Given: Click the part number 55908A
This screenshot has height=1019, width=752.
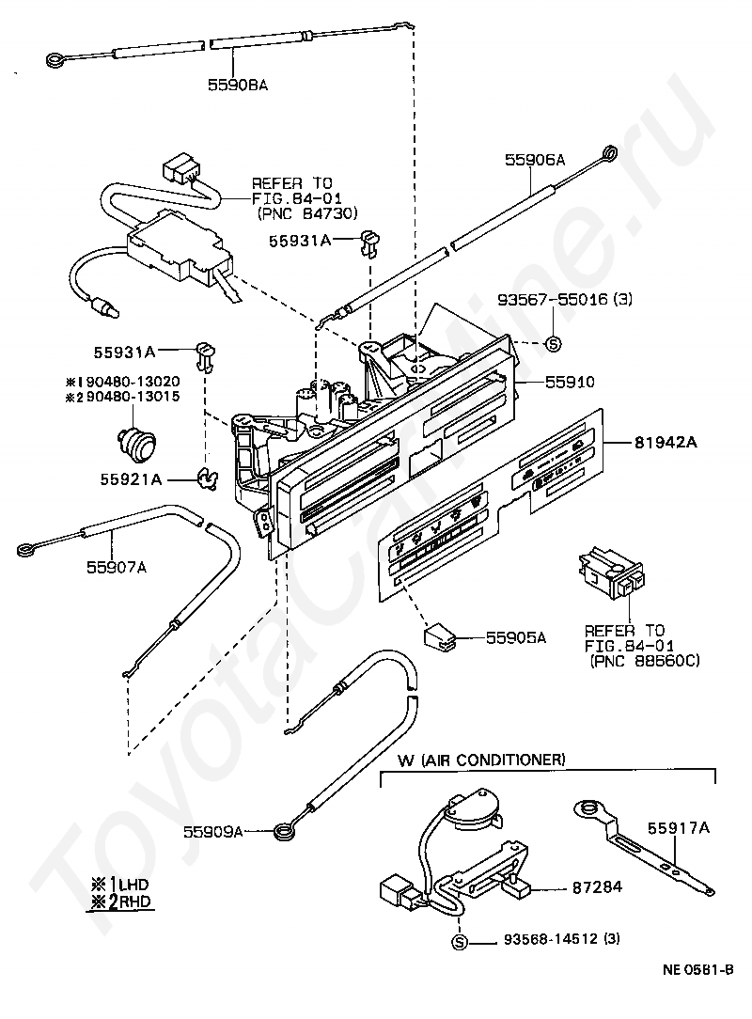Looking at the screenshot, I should click(x=238, y=85).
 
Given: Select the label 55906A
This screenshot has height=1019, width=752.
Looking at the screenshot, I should click(x=534, y=161).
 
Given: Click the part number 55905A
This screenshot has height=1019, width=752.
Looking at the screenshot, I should click(x=515, y=637).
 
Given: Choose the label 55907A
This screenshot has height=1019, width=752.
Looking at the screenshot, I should click(x=117, y=566).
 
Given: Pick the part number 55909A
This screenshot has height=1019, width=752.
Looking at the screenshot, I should click(x=213, y=831).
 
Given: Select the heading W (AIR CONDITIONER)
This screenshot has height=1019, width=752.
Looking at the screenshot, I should click(x=481, y=759).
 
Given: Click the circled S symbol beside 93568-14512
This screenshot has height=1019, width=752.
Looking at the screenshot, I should click(x=460, y=942).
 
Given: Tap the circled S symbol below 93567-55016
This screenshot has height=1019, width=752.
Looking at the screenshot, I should click(x=553, y=344).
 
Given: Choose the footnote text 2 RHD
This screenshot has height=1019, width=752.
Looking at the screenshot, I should click(x=119, y=901).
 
